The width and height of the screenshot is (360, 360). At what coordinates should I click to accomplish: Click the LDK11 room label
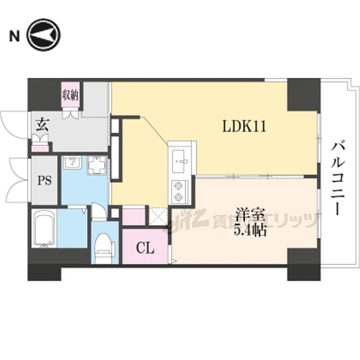point(244,127)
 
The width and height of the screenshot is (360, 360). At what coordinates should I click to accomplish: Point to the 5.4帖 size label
point(250,230)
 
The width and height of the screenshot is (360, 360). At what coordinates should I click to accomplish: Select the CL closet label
point(145,248)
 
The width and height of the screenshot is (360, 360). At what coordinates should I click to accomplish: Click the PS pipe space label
point(44,181)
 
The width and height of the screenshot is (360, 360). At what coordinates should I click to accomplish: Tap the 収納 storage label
point(70,95)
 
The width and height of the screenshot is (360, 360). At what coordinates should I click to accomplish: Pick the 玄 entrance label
point(43,124)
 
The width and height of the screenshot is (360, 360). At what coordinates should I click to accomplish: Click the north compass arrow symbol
point(44,35)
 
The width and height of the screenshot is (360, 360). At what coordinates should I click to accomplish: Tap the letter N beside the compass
point(14,36)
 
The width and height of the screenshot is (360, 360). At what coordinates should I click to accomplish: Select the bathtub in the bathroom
point(45,228)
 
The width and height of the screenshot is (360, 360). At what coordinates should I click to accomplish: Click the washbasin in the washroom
point(72,163)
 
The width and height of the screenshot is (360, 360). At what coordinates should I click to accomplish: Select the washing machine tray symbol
point(97,165)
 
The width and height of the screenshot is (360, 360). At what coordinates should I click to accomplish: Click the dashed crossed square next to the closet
point(158,217)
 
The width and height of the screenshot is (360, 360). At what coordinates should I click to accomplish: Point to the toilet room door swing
point(99,211)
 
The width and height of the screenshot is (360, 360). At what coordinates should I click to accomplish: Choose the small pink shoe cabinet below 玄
point(41,148)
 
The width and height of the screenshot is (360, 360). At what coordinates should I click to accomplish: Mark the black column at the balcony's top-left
point(303,94)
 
